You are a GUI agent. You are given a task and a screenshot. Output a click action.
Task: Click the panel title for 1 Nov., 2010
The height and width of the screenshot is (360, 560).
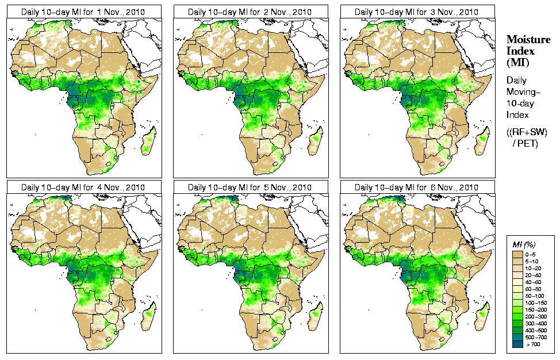click(83, 12)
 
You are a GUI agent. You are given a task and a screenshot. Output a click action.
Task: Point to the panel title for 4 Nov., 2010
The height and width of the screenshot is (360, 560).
click(83, 187)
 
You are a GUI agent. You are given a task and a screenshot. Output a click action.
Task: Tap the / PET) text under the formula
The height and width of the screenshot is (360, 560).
click(525, 143)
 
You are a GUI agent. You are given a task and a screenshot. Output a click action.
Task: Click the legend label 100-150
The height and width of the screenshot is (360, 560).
click(535, 302)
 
